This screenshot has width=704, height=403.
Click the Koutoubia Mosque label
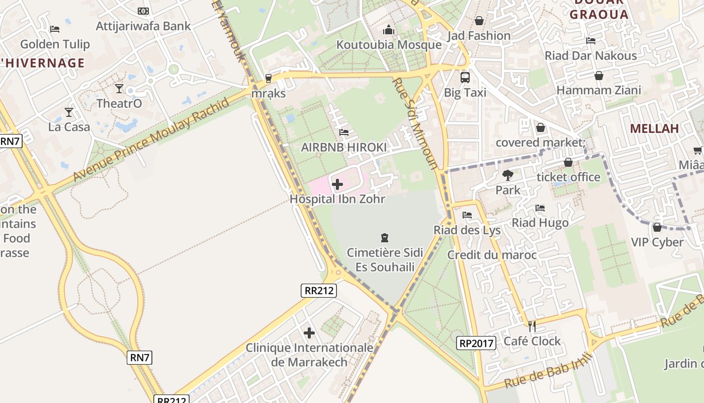(x=389, y=45)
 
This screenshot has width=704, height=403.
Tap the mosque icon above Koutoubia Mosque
(x=389, y=30)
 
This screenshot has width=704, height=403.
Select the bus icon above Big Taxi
(x=465, y=78)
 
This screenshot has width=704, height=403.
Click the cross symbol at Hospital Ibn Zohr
(x=337, y=185)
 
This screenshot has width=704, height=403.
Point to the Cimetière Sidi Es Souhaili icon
(x=385, y=237)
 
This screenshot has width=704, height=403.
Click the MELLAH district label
(x=654, y=128)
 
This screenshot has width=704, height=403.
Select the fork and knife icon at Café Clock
(x=532, y=326)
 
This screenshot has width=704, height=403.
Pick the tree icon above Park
(x=508, y=175)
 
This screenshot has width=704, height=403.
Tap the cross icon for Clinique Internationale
(x=309, y=333)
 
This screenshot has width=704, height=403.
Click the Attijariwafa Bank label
(x=143, y=26)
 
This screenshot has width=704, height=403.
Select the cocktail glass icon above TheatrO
(x=119, y=89)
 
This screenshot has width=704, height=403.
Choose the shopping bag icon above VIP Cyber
(x=657, y=227)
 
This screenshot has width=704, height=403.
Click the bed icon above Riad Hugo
(x=540, y=208)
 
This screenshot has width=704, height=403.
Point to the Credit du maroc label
(x=492, y=255)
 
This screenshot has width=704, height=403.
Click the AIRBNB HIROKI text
(x=344, y=148)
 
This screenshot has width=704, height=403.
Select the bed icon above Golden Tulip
(x=55, y=29)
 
